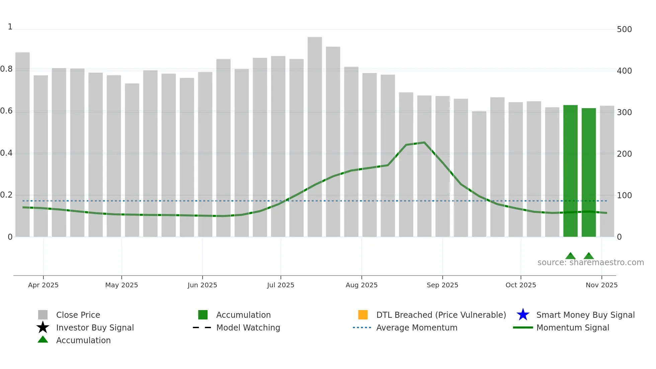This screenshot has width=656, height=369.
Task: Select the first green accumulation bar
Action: [570, 171]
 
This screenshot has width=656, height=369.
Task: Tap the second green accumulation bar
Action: [589, 172]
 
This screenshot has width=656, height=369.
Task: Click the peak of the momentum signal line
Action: [424, 143]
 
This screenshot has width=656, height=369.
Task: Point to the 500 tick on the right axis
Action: [624, 29]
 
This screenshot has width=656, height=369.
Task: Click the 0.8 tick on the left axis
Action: [7, 69]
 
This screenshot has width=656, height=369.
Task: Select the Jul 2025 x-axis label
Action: [280, 285]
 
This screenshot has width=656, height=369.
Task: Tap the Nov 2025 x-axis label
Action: [601, 285]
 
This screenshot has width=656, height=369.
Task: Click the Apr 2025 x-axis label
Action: [43, 285]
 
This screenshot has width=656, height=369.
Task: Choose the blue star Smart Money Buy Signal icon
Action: [523, 315]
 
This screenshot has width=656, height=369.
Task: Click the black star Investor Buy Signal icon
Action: [43, 327]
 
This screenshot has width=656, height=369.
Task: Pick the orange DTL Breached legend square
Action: [363, 315]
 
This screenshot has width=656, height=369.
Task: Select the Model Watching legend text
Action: [248, 327]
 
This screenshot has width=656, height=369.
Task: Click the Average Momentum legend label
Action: [417, 327]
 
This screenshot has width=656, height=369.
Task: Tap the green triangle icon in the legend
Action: [43, 340]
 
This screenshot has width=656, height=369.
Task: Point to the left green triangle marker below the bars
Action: [570, 256]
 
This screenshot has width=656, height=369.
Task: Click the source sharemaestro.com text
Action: [590, 263]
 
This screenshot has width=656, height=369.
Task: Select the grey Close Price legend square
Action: [43, 315]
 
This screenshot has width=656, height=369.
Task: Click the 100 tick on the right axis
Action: [624, 195]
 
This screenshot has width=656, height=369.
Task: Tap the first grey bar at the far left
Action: [22, 144]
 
